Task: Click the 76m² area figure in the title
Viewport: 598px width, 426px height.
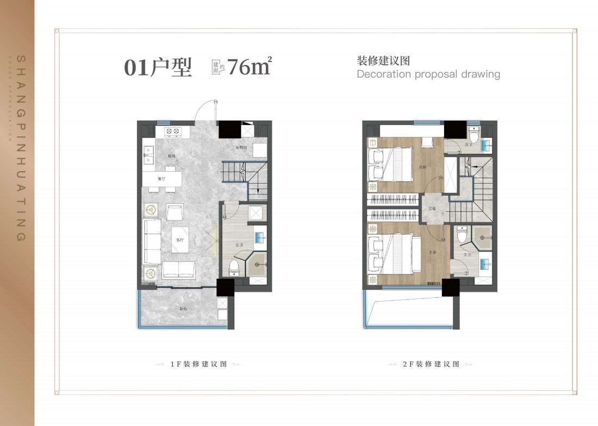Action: [249, 67]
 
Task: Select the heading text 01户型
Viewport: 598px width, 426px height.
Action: [158, 68]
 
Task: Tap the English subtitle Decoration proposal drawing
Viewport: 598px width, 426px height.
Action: [428, 74]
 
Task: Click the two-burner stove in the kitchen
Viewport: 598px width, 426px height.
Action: [172, 131]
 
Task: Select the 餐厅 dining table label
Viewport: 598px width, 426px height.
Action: [161, 179]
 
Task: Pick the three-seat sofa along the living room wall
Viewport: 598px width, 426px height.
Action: [152, 241]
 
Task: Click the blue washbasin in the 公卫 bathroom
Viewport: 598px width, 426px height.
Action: [259, 238]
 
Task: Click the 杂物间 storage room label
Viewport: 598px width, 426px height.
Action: [241, 147]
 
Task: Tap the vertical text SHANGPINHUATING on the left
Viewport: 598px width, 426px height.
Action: [21, 147]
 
